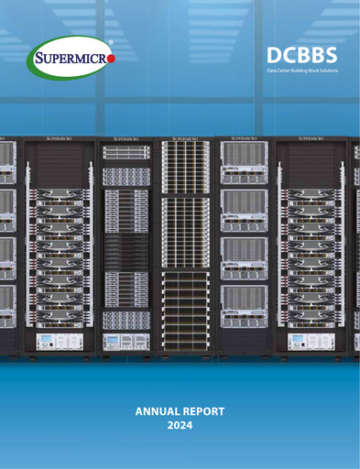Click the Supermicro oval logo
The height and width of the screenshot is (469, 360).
coord(71,59)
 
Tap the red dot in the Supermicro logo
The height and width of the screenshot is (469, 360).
coord(111,60)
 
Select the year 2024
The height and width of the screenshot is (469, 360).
coord(180,428)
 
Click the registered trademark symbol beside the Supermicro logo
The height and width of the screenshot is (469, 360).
coord(111,41)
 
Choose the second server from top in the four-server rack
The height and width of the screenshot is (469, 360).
coord(245,209)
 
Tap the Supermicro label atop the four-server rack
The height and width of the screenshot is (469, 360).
coord(245,139)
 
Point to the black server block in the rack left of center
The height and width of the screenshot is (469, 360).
coord(125,250)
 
